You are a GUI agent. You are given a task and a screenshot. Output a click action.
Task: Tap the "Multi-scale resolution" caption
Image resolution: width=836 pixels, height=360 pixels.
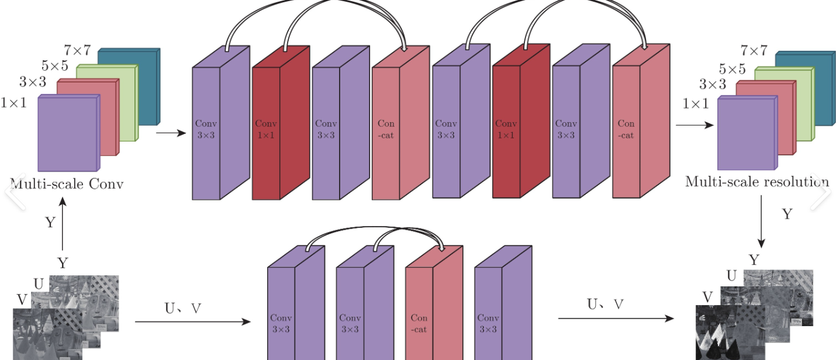757,181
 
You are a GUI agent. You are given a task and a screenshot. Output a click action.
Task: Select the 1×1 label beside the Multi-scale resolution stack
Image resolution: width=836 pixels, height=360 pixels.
695,104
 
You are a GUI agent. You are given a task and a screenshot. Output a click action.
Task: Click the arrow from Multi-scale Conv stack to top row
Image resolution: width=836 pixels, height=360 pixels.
171,133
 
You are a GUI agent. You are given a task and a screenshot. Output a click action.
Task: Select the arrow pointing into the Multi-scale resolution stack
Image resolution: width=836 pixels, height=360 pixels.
695,125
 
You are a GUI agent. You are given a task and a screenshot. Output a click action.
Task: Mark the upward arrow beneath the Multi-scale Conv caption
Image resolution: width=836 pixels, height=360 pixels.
63,224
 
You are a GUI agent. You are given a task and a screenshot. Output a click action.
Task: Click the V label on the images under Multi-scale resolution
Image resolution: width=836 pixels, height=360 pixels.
707,297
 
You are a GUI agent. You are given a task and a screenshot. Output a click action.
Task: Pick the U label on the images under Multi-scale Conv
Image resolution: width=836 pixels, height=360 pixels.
39,284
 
